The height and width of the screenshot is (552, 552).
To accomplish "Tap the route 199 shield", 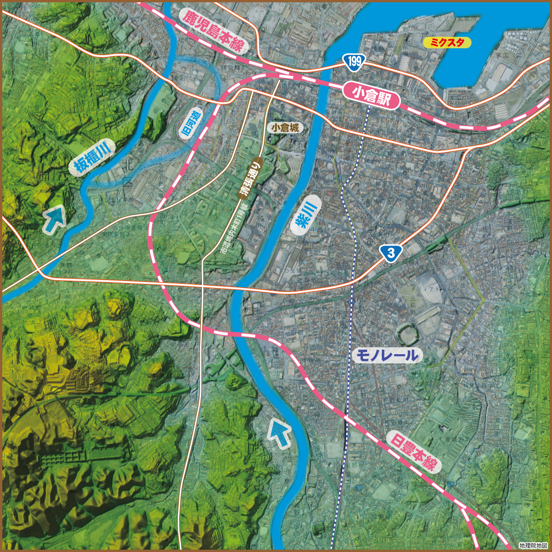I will tap(354, 61).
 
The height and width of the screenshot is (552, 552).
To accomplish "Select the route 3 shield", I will tap(391, 253).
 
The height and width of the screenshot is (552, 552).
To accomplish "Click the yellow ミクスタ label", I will tap(447, 43).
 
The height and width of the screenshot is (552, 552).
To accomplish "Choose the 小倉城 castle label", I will tap(285, 127).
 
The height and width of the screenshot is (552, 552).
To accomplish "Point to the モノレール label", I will tap(388, 355).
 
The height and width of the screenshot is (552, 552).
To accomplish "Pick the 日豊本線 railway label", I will tap(413, 452).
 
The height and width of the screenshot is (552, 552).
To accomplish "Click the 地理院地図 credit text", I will tap(534, 546).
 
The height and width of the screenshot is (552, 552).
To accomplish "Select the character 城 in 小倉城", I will tap(295, 127).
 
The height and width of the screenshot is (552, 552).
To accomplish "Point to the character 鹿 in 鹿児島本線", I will tap(189, 17).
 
